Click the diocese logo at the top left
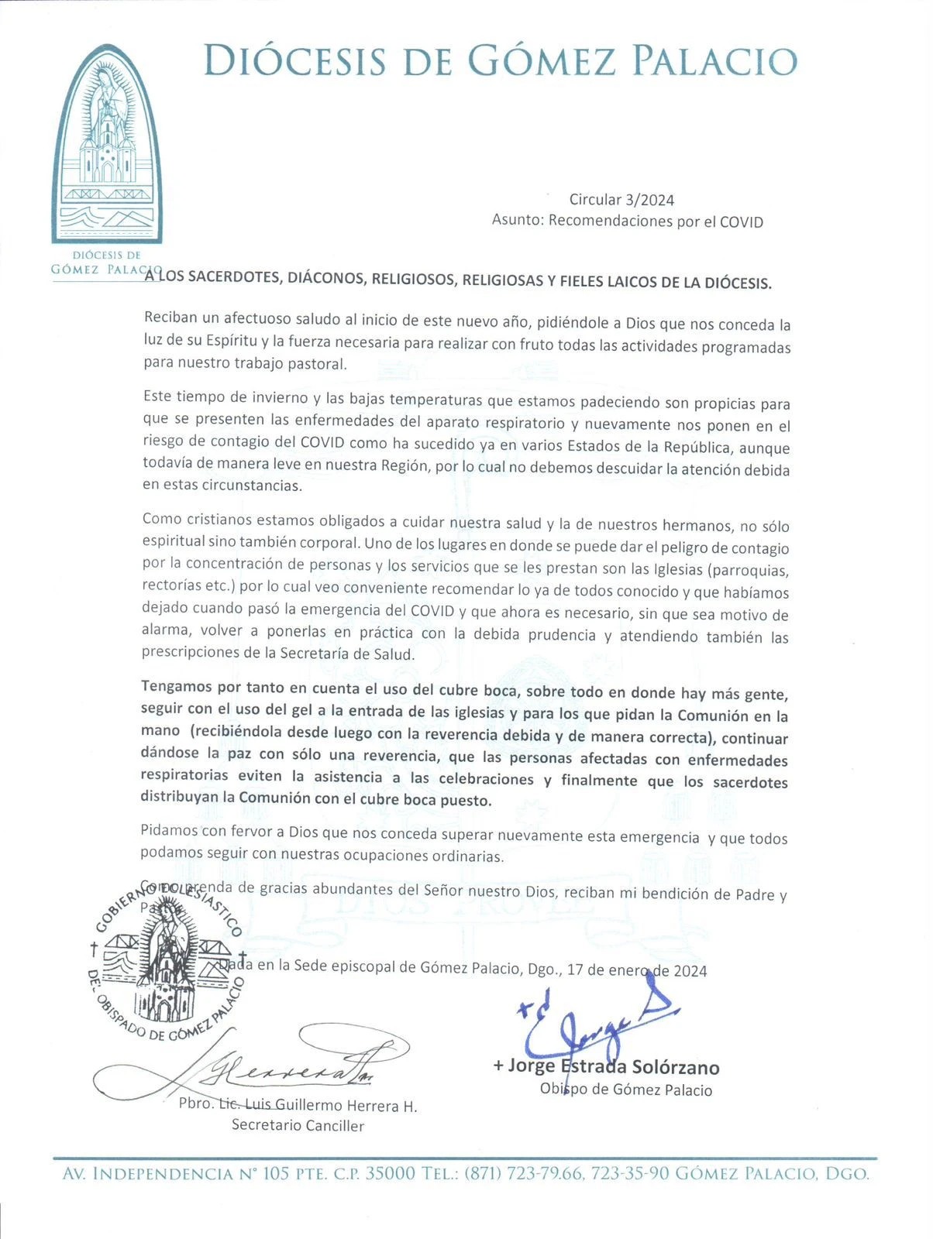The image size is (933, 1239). tap(107, 147)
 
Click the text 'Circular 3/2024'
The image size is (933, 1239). tap(621, 200)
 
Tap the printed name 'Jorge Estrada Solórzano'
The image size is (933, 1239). tap(613, 1067)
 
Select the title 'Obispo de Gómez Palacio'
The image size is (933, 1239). tap(626, 1090)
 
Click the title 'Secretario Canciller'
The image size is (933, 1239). tap(298, 1125)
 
